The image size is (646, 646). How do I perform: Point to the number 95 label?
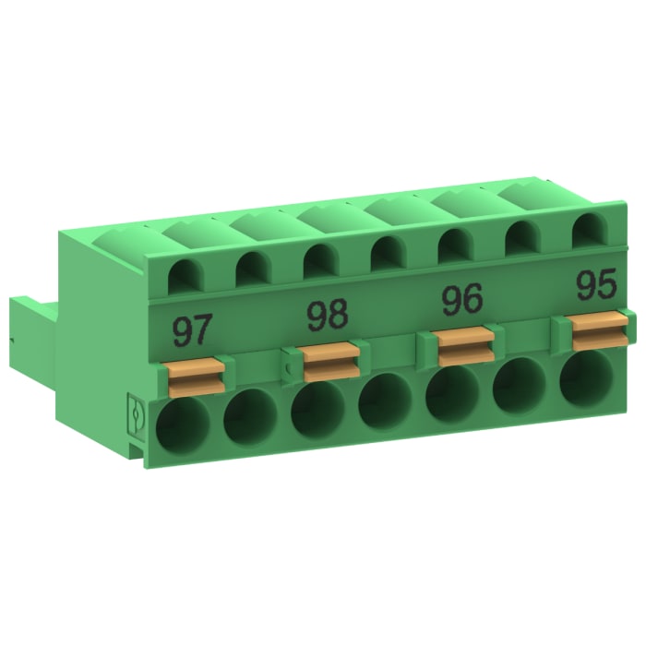tap(595, 285)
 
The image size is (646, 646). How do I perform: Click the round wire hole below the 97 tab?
tap(182, 427)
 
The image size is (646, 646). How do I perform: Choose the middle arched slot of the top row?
tap(386, 252)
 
